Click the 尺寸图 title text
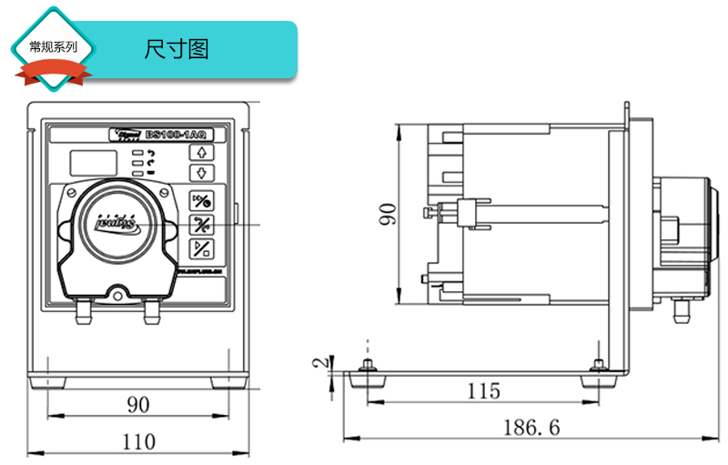tap(177, 48)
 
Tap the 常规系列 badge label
tap(53, 46)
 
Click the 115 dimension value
tap(483, 391)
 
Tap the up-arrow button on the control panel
tap(200, 152)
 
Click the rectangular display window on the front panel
tap(93, 162)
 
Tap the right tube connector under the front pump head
tap(151, 311)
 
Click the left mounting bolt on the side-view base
tap(368, 365)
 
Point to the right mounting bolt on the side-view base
tap(597, 365)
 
